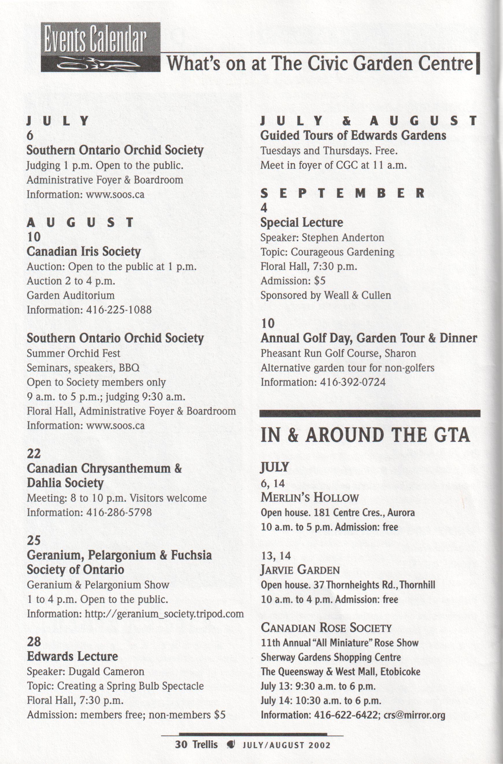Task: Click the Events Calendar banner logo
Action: click(x=100, y=47)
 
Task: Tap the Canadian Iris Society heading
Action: click(x=84, y=252)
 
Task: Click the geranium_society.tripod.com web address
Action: click(x=164, y=614)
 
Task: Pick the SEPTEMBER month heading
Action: click(x=343, y=194)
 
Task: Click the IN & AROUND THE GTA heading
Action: click(x=365, y=436)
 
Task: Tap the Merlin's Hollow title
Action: click(x=309, y=498)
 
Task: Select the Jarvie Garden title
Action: click(x=300, y=570)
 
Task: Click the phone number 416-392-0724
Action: click(x=353, y=382)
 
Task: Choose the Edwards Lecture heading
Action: click(x=72, y=656)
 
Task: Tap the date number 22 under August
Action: click(x=34, y=454)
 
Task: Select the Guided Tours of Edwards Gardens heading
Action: click(x=353, y=136)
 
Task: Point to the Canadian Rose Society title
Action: click(x=326, y=628)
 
